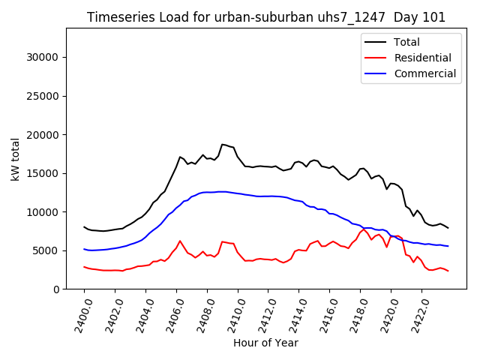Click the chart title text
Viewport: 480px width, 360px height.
tap(265, 17)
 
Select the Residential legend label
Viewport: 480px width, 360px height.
tap(422, 58)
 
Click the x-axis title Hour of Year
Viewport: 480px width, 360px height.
tap(265, 343)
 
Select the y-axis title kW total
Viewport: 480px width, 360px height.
tap(15, 159)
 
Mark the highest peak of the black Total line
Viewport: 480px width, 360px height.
tap(223, 144)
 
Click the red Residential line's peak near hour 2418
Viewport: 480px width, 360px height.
tap(364, 229)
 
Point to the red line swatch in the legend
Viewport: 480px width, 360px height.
tap(376, 58)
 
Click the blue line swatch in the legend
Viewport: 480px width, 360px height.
tap(376, 73)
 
